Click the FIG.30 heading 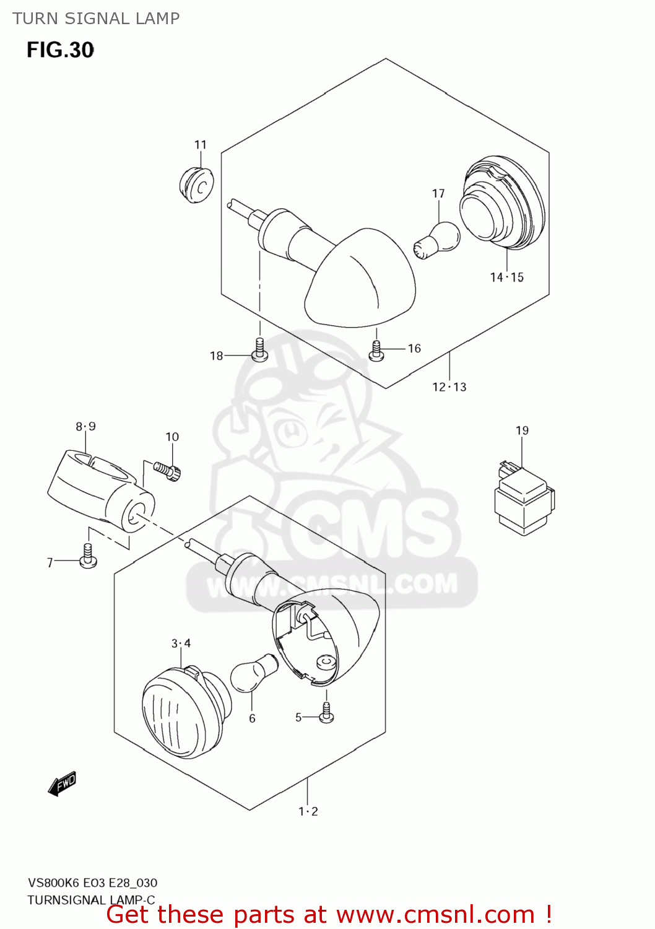(60, 50)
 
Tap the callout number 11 (200, 145)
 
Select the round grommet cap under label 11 (196, 185)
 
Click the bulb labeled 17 (437, 240)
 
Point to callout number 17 (438, 194)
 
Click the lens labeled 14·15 (502, 204)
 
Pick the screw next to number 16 (376, 351)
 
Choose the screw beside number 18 (260, 351)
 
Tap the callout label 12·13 (449, 387)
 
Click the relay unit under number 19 (524, 500)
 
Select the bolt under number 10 (167, 471)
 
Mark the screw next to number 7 (88, 556)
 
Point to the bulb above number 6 (254, 673)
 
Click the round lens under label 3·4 (180, 712)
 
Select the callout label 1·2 (308, 811)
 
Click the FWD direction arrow (62, 783)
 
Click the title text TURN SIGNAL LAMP (96, 19)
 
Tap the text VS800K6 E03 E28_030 (92, 883)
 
